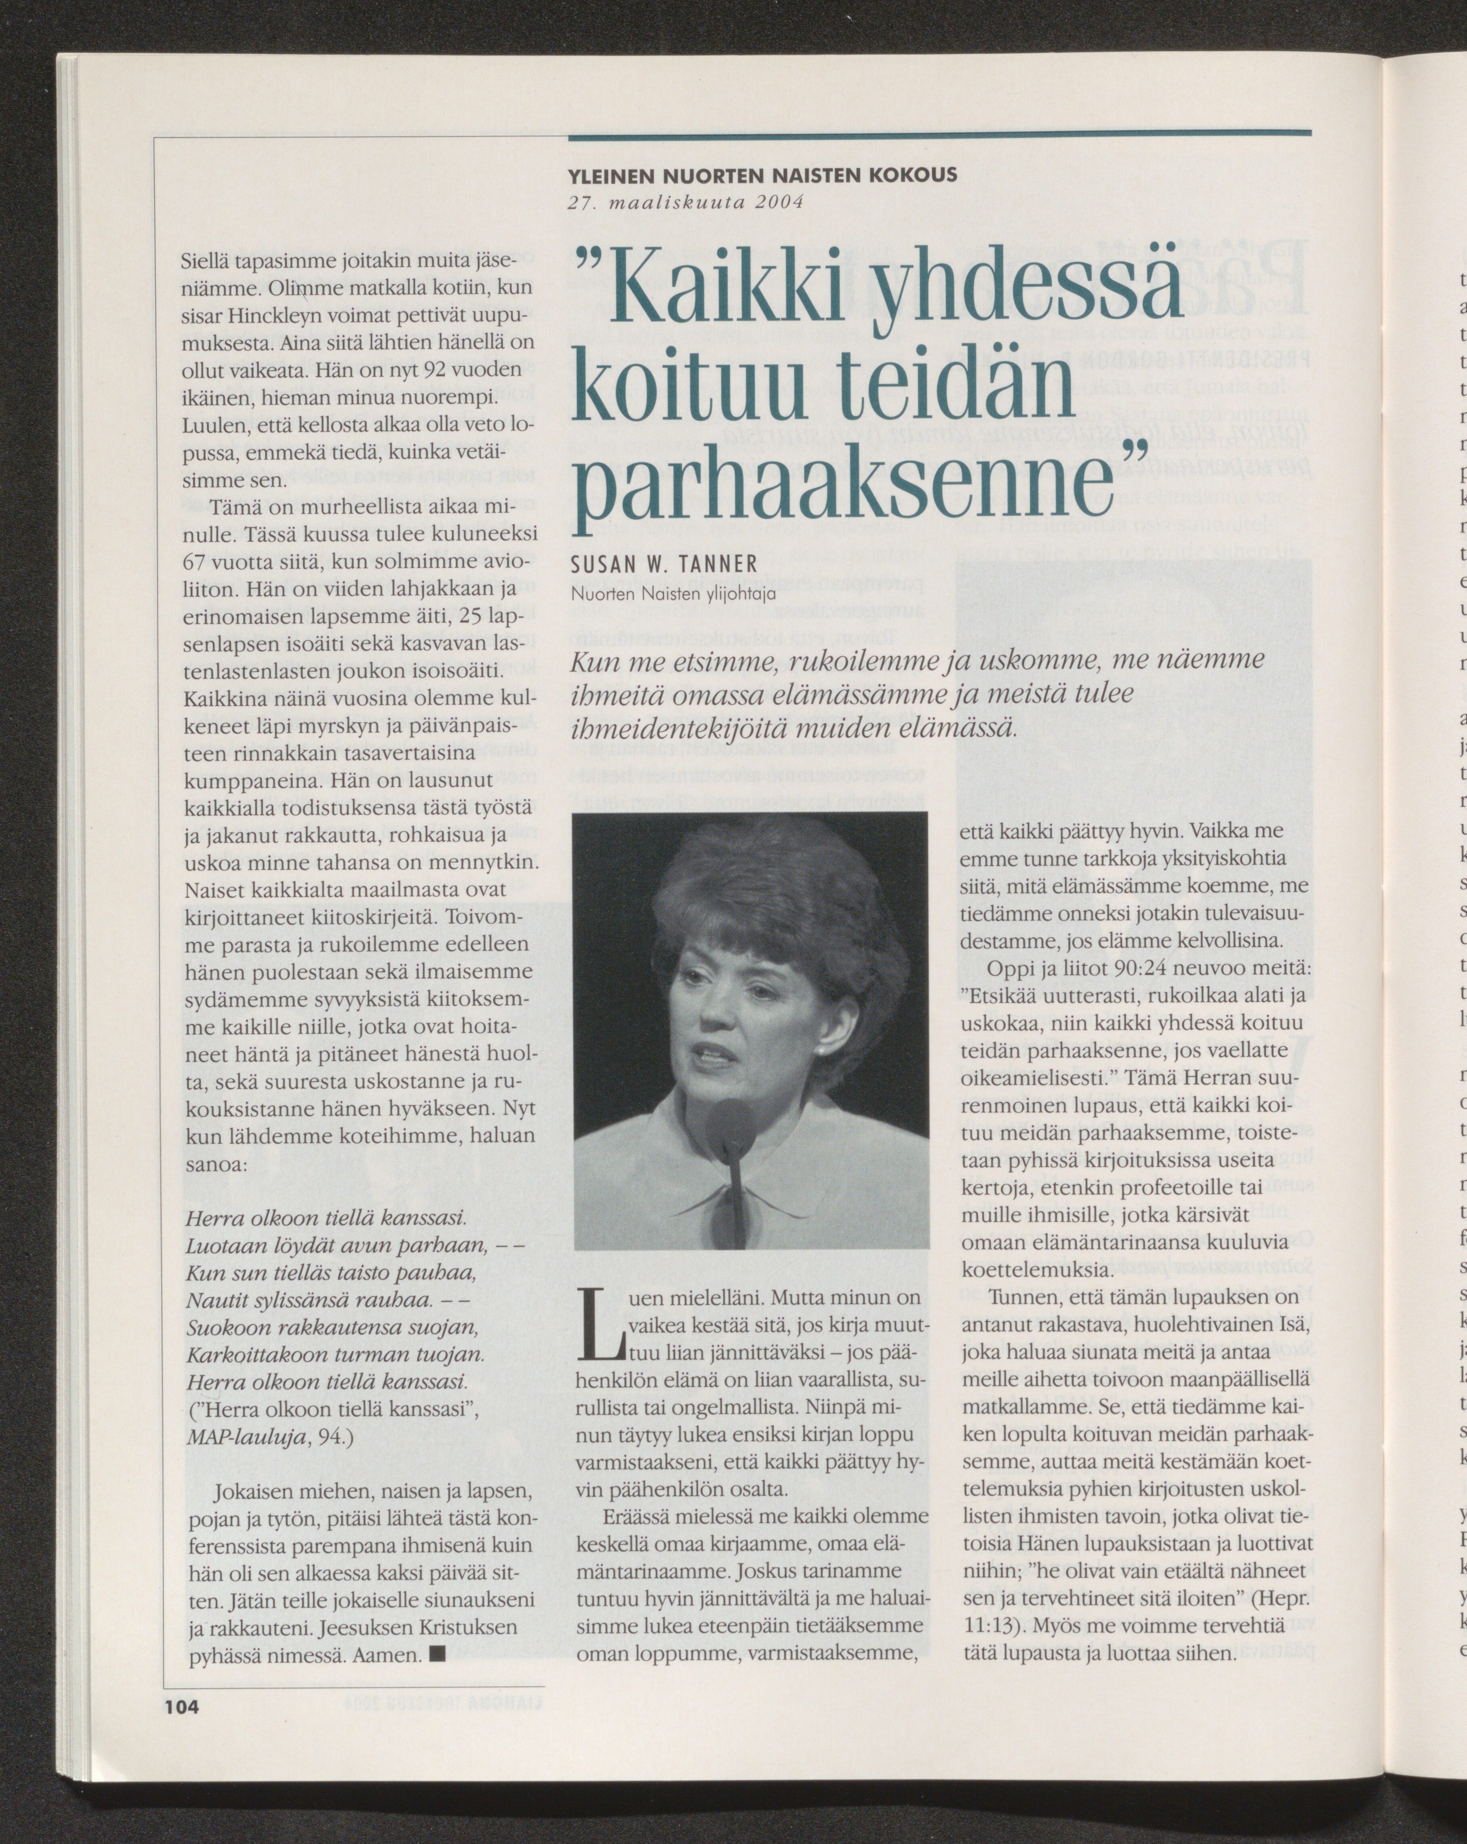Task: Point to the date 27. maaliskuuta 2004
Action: point(685,203)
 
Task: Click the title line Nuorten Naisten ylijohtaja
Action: point(674,592)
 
